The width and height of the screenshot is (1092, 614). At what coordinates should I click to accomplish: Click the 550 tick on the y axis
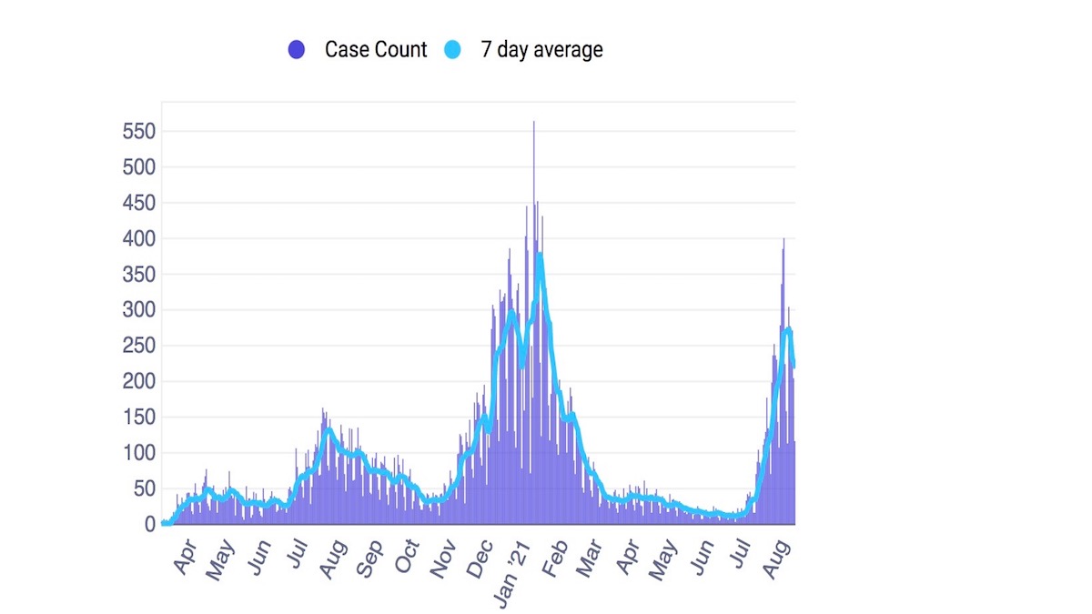(x=139, y=132)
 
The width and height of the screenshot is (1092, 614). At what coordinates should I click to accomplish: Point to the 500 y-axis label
(x=139, y=167)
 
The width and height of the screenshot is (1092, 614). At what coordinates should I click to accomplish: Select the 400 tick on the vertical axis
(x=139, y=239)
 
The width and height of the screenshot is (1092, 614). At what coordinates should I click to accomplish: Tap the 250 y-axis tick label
(x=139, y=347)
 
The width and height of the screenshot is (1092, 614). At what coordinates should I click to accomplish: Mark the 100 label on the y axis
(x=139, y=453)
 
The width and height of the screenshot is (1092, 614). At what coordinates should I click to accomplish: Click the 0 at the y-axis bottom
(x=150, y=524)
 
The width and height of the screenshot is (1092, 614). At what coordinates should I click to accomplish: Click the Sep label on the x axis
(x=369, y=559)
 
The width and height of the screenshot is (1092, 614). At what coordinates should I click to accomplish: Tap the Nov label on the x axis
(x=442, y=559)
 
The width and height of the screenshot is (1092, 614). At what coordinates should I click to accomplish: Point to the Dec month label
(x=480, y=559)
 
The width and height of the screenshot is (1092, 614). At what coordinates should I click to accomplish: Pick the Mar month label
(x=591, y=559)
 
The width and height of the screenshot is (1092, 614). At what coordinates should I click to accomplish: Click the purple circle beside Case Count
(x=296, y=50)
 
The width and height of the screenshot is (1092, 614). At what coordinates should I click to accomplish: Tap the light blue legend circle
(x=453, y=50)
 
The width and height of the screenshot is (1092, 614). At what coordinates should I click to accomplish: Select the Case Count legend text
(x=375, y=50)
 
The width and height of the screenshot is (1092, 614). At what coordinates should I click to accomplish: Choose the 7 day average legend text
(x=541, y=50)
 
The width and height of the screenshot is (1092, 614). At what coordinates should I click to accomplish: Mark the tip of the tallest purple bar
(x=533, y=123)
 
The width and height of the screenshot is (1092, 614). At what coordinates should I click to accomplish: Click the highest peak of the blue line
(x=540, y=255)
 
